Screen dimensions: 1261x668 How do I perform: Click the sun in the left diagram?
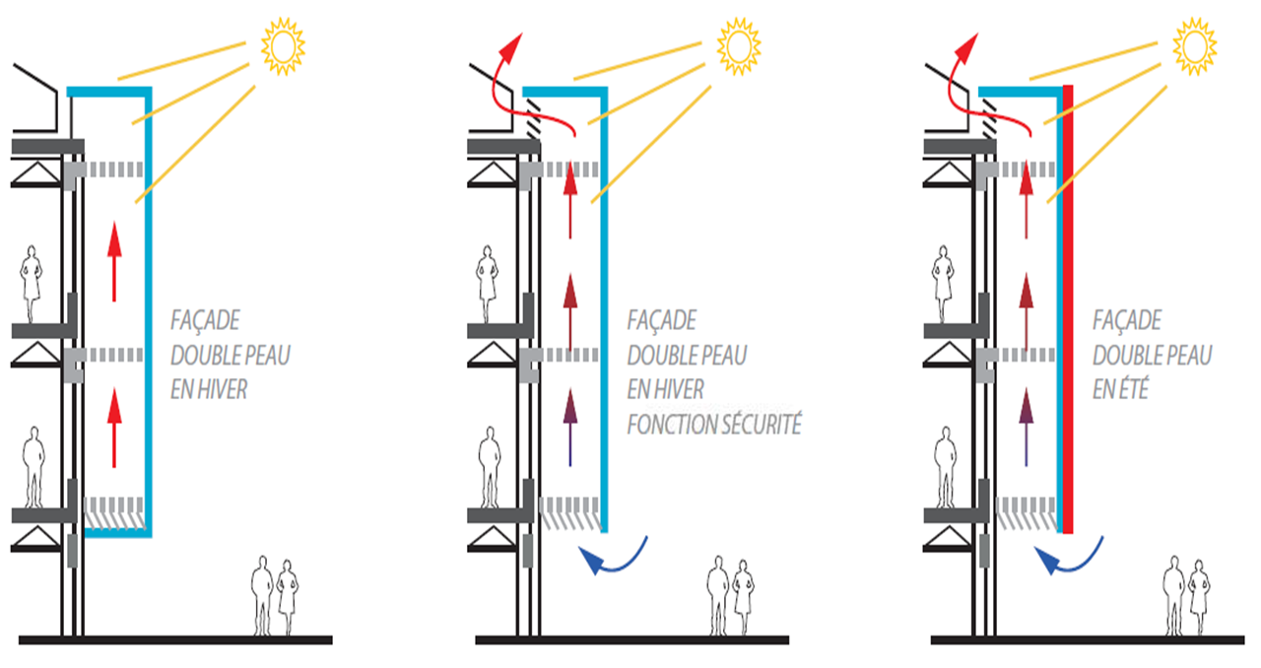pyautogui.click(x=283, y=46)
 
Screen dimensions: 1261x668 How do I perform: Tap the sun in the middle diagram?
pyautogui.click(x=739, y=46)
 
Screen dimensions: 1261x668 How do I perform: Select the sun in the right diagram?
pyautogui.click(x=1195, y=46)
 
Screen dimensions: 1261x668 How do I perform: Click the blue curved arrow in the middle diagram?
pyautogui.click(x=614, y=558)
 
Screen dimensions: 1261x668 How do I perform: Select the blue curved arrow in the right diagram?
pyautogui.click(x=1069, y=558)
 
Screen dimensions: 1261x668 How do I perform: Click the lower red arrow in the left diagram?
pyautogui.click(x=114, y=428)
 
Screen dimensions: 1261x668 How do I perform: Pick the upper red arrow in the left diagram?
pyautogui.click(x=114, y=262)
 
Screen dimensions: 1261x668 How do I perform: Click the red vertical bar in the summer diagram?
pyautogui.click(x=1068, y=309)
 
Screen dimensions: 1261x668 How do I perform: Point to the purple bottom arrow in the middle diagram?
pyautogui.click(x=570, y=428)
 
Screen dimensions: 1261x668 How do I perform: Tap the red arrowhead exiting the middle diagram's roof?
pyautogui.click(x=511, y=47)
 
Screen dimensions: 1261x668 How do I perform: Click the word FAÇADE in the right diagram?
pyautogui.click(x=1126, y=320)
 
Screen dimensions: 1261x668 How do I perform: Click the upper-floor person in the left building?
pyautogui.click(x=31, y=284)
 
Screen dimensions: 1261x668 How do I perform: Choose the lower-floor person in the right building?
pyautogui.click(x=946, y=467)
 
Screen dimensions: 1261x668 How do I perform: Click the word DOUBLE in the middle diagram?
pyautogui.click(x=655, y=356)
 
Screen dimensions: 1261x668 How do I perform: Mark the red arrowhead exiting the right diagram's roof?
pyautogui.click(x=967, y=47)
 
